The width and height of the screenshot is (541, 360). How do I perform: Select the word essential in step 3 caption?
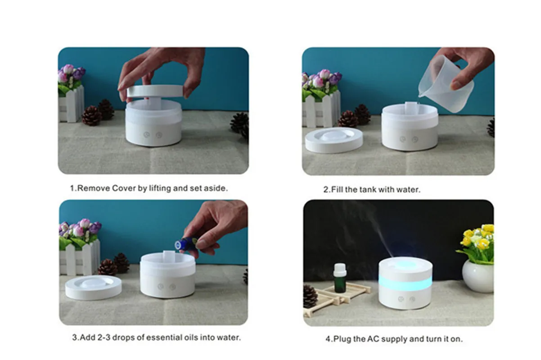[x=164, y=337]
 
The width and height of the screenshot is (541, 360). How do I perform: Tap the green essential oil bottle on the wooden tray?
[x=339, y=278]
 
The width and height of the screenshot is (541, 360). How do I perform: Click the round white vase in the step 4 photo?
[x=478, y=276]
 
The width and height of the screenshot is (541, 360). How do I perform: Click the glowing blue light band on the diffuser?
[x=405, y=283]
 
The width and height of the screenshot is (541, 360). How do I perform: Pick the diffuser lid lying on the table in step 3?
[x=94, y=287]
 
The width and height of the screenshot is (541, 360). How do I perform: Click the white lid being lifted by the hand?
[x=155, y=91]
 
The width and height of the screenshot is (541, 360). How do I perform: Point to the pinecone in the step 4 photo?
[x=310, y=297]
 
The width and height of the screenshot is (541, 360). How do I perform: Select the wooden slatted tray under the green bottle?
[x=337, y=299]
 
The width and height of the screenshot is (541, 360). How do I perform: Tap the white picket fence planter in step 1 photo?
[x=71, y=104]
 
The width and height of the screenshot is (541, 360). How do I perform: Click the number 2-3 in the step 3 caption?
[x=104, y=337]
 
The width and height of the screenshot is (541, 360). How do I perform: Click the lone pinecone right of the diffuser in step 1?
[x=240, y=125]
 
